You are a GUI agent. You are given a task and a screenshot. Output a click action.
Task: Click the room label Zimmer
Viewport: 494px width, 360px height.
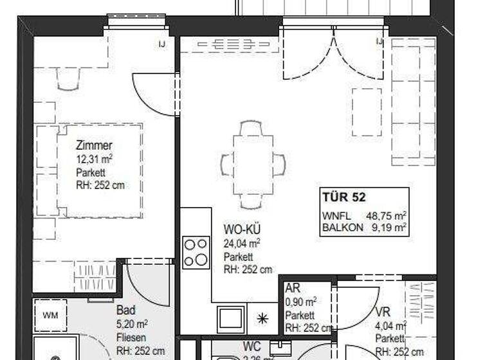tap(94, 146)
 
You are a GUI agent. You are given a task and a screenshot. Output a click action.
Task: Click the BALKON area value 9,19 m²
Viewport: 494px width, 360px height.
tap(390, 226)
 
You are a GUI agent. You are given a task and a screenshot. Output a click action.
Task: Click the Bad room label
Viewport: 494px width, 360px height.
tap(126, 310)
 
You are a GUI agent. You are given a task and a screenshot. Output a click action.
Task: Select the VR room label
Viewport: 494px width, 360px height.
tap(383, 312)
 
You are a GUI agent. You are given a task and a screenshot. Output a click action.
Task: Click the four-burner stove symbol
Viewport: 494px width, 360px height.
tap(196, 252)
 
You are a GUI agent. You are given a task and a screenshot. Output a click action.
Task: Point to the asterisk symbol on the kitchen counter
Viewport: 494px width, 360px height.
tap(262, 318)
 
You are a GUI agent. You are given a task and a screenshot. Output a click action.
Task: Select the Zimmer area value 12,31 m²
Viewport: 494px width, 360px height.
tap(95, 159)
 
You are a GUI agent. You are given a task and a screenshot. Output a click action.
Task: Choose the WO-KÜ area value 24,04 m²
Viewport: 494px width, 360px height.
tap(242, 243)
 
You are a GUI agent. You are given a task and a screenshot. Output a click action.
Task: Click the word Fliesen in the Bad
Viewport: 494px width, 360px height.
tap(131, 337)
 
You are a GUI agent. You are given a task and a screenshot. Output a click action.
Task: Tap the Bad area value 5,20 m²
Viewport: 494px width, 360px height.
tap(133, 324)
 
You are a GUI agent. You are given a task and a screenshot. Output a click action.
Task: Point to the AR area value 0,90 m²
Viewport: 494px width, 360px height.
tap(301, 302)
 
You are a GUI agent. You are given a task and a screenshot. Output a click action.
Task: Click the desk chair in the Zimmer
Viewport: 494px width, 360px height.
tap(69, 79)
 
